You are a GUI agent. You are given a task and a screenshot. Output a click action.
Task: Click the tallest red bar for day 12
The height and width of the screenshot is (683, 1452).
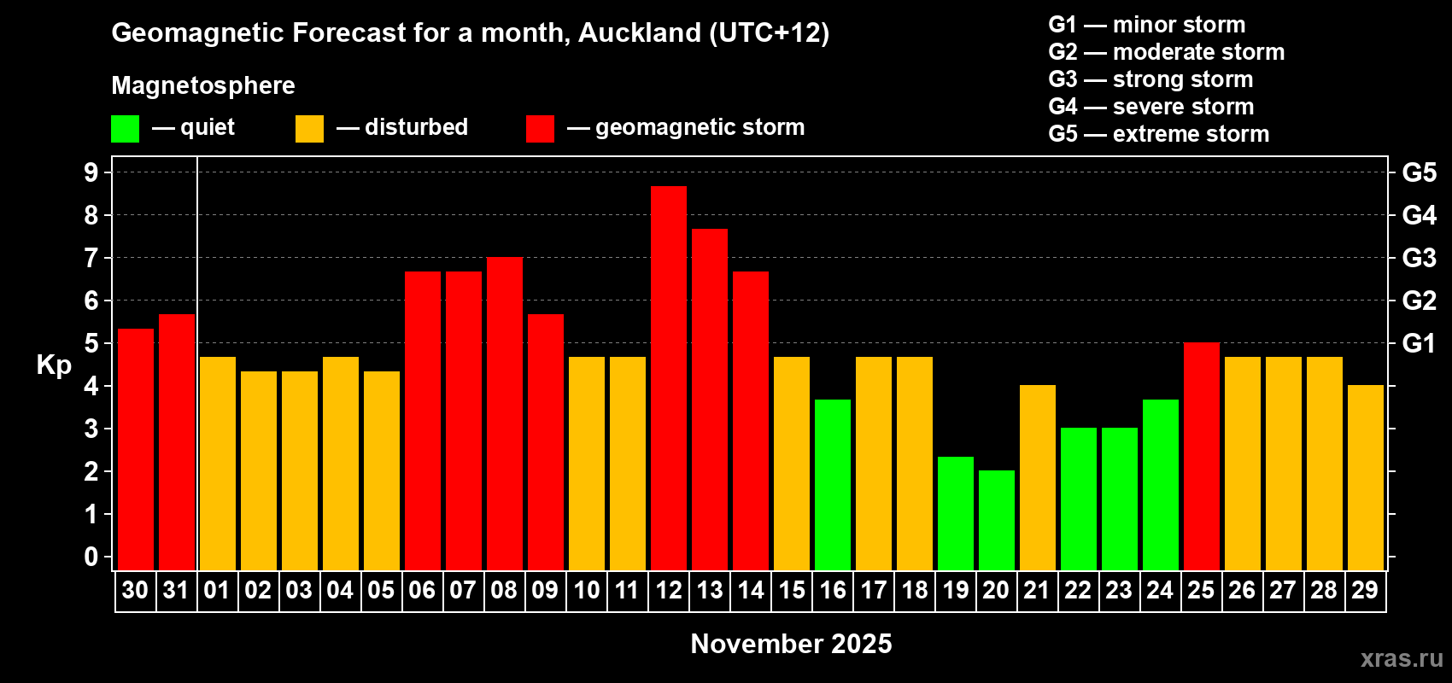669,377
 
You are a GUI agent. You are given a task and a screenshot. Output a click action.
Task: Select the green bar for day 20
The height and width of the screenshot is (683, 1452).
997,520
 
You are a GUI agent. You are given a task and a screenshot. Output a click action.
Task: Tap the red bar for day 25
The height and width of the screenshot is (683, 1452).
1202,456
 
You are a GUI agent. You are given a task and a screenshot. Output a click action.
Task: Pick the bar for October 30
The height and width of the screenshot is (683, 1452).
136,449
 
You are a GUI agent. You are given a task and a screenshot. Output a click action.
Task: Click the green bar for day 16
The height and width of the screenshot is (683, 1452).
833,484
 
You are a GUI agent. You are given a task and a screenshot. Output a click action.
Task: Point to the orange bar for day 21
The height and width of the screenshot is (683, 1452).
1038,477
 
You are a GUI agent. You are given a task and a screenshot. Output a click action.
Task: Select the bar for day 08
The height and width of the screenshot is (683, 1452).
505,413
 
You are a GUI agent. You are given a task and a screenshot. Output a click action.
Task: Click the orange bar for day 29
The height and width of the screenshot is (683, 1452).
1366,477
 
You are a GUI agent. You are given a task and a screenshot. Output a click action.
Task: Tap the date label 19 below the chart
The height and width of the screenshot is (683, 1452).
956,590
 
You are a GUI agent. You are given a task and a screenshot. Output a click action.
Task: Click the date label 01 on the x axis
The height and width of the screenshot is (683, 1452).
217,590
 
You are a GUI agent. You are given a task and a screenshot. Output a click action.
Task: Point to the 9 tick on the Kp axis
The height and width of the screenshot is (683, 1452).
91,172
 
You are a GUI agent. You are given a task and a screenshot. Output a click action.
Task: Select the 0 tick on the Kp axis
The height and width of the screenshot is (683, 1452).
91,557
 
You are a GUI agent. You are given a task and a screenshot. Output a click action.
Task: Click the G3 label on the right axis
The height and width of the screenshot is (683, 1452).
1419,258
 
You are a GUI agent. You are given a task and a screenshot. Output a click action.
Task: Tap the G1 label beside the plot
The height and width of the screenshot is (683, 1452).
1419,343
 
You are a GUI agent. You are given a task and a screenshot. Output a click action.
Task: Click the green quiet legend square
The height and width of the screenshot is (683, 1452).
126,129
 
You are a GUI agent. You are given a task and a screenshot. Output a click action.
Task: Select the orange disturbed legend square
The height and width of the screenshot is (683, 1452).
309,129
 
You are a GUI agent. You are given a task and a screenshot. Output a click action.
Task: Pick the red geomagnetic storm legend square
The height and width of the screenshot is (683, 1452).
540,129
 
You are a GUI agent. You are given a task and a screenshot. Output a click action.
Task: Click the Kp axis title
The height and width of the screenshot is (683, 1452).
54,365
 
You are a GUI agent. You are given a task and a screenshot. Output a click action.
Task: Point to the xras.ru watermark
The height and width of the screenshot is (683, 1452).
1401,658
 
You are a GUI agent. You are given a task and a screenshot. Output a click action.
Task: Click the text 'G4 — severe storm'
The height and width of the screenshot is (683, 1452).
1150,107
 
